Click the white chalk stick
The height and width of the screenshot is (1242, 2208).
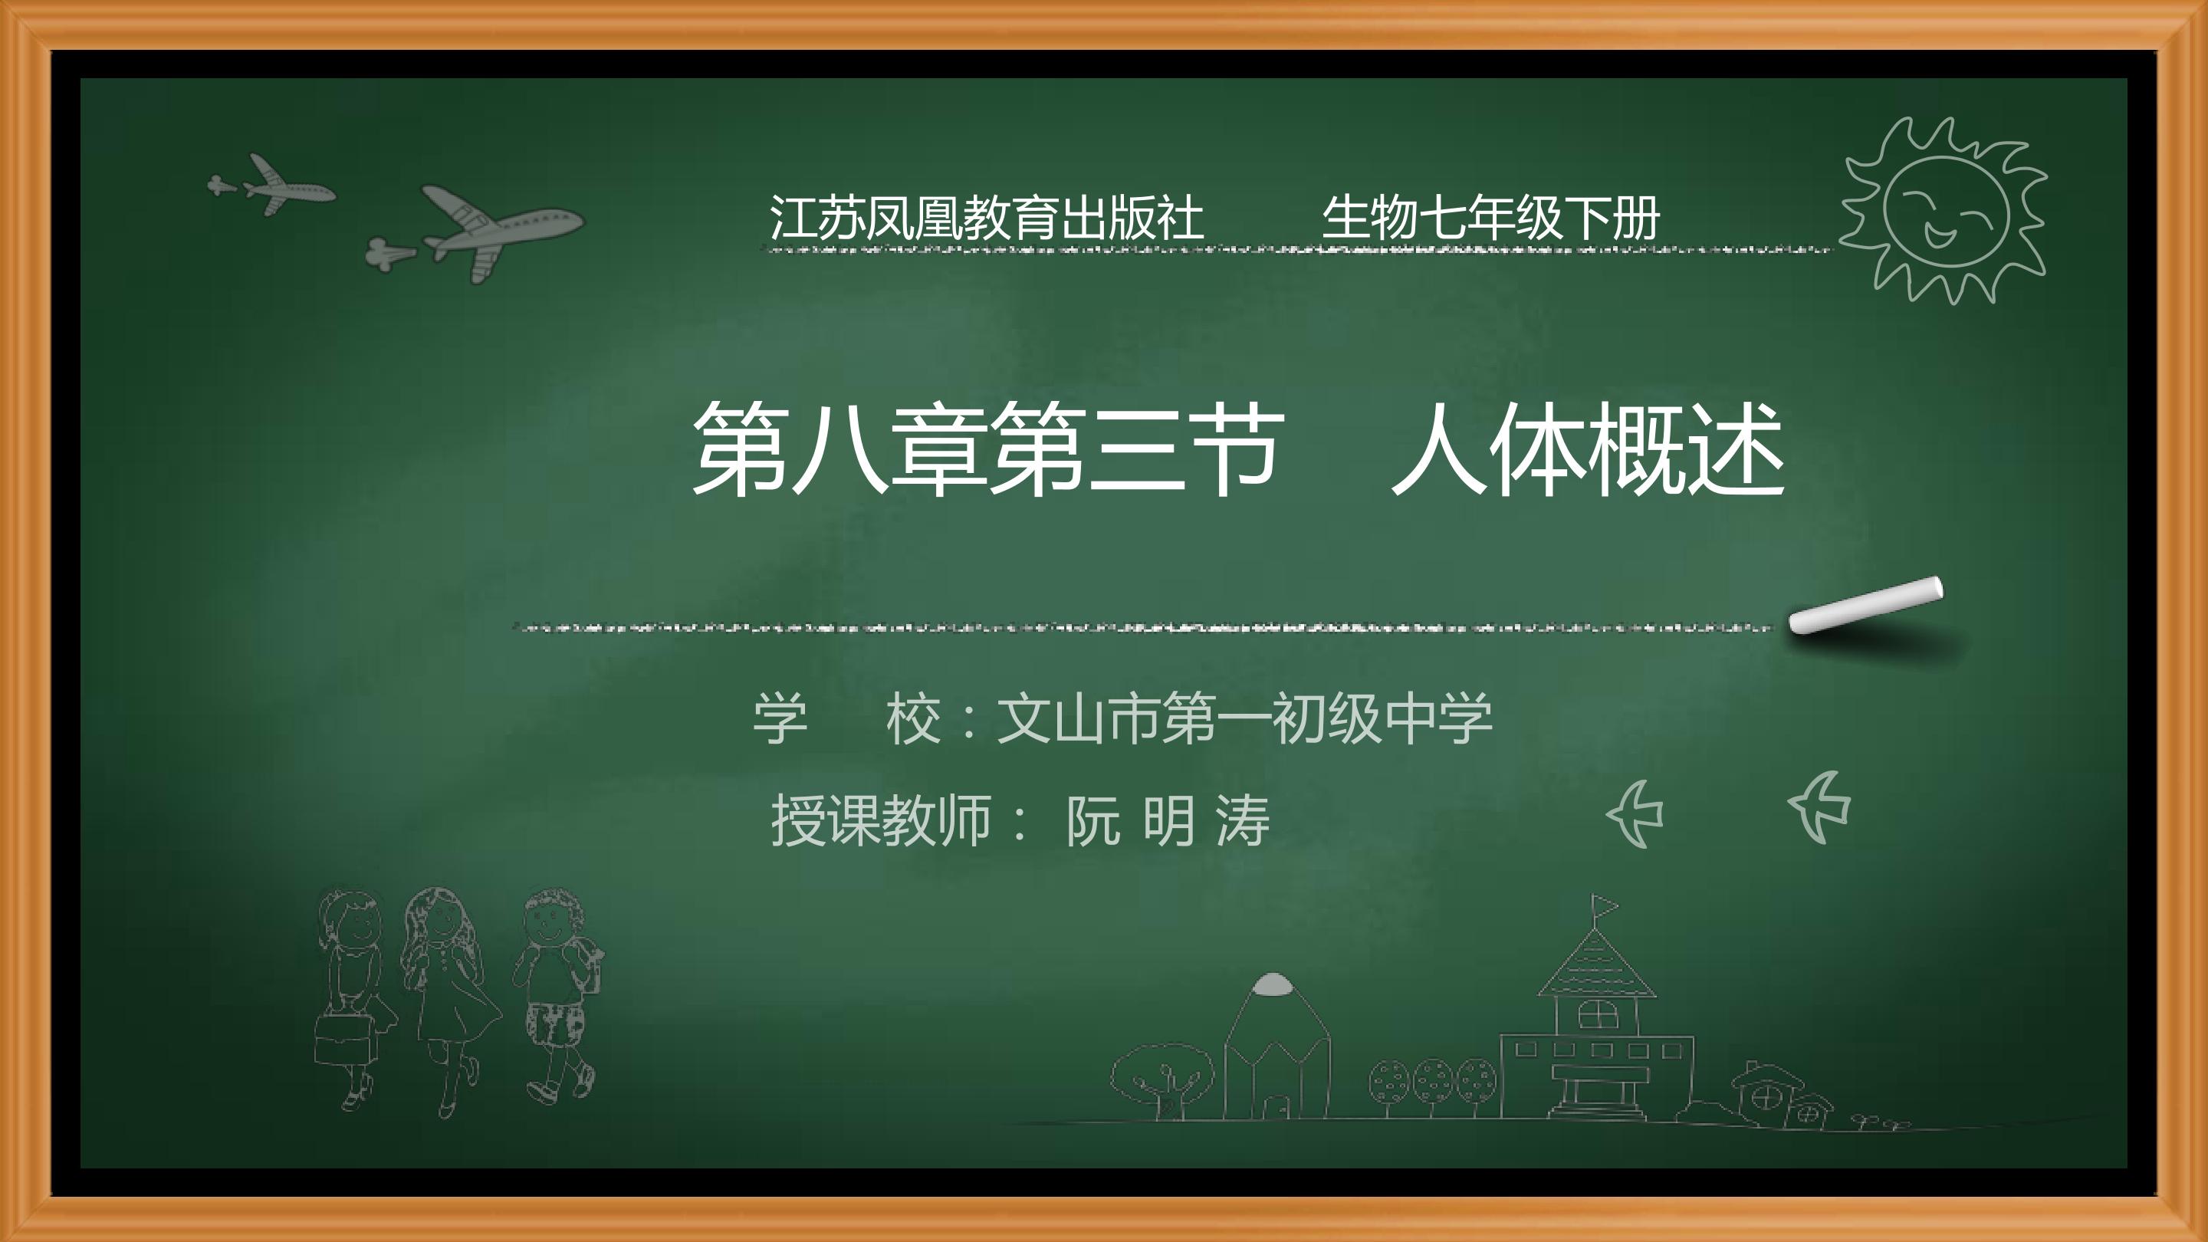[x=1866, y=605]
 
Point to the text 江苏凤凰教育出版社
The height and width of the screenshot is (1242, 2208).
[x=987, y=218]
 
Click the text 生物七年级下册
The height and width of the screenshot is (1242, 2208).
[x=1490, y=218]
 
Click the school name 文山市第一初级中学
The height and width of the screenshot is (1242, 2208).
[x=1244, y=718]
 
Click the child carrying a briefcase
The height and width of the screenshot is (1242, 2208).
[x=351, y=994]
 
